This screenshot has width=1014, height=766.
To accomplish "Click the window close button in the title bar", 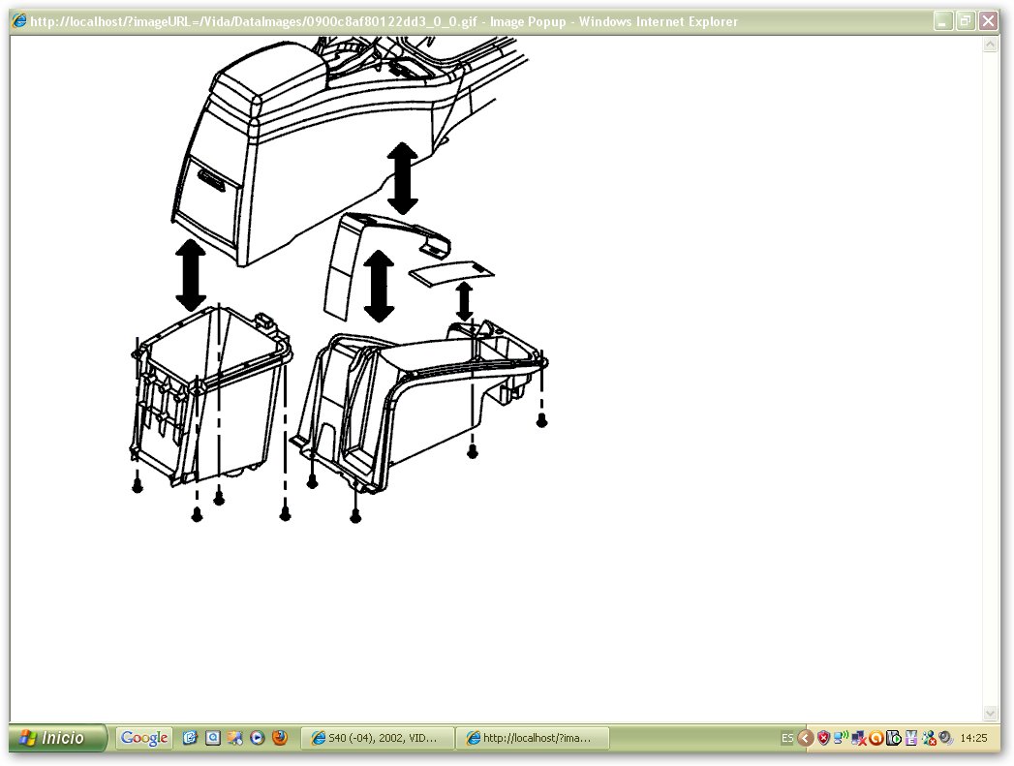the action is (988, 21).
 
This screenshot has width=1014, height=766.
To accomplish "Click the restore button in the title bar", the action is (965, 21).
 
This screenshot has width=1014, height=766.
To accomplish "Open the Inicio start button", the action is (57, 738).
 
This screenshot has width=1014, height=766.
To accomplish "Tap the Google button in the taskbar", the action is (144, 738).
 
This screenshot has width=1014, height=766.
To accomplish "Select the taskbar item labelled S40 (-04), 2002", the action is (377, 738).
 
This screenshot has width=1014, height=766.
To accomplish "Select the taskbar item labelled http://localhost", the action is (532, 738).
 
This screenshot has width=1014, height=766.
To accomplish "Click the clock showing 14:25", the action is (973, 738).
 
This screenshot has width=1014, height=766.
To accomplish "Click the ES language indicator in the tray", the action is (787, 738).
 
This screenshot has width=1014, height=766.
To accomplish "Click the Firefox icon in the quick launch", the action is (279, 738).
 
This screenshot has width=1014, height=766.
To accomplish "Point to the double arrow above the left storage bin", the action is (191, 276).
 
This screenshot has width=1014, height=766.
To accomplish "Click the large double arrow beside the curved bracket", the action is (379, 287).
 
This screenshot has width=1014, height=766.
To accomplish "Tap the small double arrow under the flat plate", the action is (464, 301).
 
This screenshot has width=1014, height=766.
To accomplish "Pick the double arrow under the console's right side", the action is (402, 178).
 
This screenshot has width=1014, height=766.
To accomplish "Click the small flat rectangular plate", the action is (451, 273).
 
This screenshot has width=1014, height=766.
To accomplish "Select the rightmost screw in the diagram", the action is (542, 421).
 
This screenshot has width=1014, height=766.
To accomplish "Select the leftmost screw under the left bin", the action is (138, 487).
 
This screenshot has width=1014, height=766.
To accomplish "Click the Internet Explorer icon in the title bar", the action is (19, 21).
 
